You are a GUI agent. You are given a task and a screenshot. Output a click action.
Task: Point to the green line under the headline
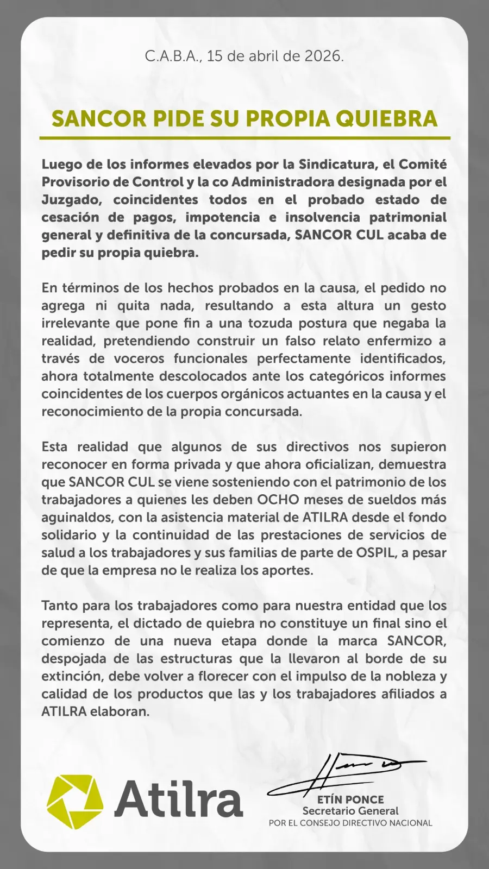click(x=244, y=138)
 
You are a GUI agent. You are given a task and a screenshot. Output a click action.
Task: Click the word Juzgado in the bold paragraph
click(x=71, y=199)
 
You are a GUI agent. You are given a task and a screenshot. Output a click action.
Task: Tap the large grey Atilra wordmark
click(x=178, y=798)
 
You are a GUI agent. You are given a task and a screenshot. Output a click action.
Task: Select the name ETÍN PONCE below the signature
click(x=350, y=799)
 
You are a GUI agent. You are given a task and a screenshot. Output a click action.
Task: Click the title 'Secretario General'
click(x=350, y=811)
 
